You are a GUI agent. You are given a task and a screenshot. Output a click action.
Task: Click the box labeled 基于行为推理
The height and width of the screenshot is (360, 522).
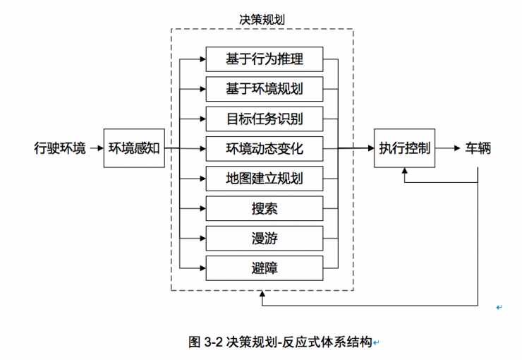pyautogui.click(x=265, y=59)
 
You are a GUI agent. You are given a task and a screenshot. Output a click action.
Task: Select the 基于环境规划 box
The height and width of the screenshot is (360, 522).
pyautogui.click(x=265, y=89)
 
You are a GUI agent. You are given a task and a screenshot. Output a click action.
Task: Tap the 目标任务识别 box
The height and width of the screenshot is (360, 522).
pyautogui.click(x=265, y=119)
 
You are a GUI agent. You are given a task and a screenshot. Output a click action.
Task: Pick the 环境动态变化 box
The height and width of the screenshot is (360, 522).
pyautogui.click(x=265, y=149)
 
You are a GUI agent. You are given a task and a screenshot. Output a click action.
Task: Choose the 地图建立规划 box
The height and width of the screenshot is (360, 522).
pyautogui.click(x=265, y=179)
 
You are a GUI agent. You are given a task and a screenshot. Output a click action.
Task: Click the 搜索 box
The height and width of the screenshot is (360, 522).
pyautogui.click(x=265, y=209)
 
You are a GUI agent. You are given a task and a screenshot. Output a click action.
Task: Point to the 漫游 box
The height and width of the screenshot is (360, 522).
pyautogui.click(x=265, y=239)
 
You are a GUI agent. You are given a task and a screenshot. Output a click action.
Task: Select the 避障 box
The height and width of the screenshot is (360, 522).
pyautogui.click(x=265, y=268)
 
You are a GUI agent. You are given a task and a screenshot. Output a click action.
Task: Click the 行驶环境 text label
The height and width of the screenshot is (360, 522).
pyautogui.click(x=60, y=149)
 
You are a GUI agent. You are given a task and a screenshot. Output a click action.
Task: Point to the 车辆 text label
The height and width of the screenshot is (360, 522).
pyautogui.click(x=478, y=149)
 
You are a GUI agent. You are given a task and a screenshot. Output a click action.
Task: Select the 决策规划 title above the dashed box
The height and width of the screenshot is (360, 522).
pyautogui.click(x=262, y=20)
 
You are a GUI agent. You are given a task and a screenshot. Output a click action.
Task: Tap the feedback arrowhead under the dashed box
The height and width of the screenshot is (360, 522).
pyautogui.click(x=262, y=296)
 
